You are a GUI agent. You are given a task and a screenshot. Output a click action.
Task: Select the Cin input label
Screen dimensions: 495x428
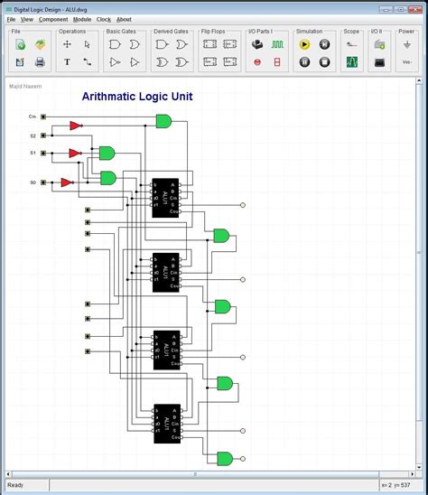[33, 117]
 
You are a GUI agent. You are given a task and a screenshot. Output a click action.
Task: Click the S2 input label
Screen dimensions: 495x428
[33, 135]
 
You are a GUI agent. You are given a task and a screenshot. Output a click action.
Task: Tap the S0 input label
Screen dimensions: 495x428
[33, 182]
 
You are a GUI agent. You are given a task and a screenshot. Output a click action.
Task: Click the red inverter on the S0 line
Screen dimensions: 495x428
[66, 182]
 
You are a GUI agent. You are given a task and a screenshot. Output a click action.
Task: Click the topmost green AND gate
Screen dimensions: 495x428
[163, 121]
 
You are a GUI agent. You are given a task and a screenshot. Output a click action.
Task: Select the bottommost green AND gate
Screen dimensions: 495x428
[225, 457]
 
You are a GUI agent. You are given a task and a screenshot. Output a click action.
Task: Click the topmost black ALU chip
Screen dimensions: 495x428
[166, 197]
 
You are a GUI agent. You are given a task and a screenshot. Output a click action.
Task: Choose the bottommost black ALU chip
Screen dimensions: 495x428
[166, 422]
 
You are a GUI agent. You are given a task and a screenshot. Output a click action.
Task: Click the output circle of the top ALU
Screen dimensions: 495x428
[242, 205]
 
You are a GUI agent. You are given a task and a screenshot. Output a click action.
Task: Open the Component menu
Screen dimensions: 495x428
[53, 19]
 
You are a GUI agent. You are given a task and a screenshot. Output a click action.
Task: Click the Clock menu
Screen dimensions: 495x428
[104, 19]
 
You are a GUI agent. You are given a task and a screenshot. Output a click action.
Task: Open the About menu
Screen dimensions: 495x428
[124, 19]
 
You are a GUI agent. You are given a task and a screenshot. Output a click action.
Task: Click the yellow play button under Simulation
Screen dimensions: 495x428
[304, 43]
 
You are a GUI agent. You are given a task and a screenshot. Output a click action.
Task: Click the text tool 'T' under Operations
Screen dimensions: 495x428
[67, 62]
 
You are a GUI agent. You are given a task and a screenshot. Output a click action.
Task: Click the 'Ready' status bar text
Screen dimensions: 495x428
[15, 485]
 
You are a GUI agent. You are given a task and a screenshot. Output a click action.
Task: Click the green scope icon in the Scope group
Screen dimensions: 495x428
[352, 62]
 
